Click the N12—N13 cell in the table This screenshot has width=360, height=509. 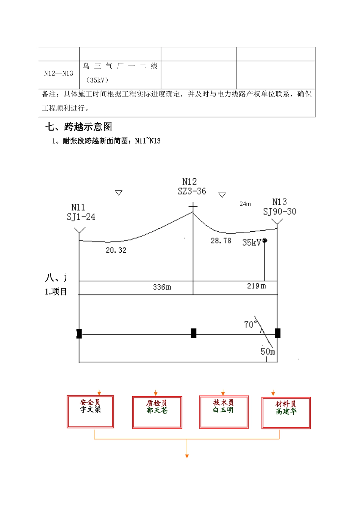(x=59, y=73)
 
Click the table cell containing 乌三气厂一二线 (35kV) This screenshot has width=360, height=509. (x=120, y=73)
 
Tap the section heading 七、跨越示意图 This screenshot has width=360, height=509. (x=78, y=127)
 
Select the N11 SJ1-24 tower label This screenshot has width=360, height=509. (x=81, y=212)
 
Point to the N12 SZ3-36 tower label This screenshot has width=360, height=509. (x=192, y=187)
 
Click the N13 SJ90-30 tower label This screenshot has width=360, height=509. (x=280, y=207)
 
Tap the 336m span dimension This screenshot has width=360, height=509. (x=162, y=287)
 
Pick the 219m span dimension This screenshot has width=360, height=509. (x=256, y=286)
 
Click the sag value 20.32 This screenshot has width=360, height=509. (x=116, y=250)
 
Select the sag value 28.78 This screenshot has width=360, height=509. (x=221, y=240)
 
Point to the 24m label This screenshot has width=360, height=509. (x=245, y=204)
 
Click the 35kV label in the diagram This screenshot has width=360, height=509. (x=252, y=242)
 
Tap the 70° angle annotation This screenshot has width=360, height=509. (x=250, y=324)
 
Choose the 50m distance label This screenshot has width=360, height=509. (x=268, y=351)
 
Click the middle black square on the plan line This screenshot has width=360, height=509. (x=194, y=333)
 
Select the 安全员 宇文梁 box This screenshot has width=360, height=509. (x=91, y=412)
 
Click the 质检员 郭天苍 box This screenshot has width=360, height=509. (x=157, y=412)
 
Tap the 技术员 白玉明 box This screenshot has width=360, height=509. (x=224, y=412)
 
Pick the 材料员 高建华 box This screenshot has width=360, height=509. (x=286, y=413)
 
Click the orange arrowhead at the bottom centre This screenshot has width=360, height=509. (x=187, y=456)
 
